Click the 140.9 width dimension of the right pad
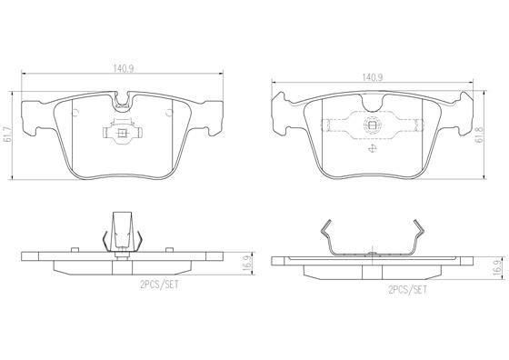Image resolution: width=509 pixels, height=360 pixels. (x=372, y=77)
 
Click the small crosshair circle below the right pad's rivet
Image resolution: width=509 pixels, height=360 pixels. (x=372, y=148)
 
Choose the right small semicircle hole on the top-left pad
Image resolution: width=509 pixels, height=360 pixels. (x=168, y=112)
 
